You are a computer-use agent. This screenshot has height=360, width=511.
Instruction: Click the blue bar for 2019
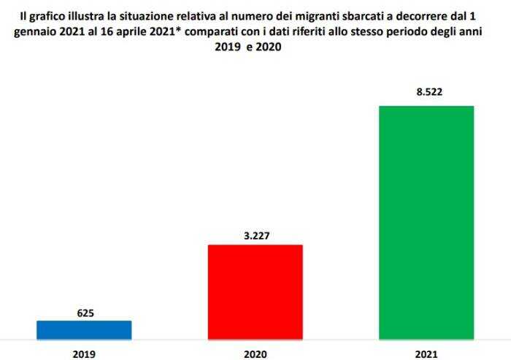click(84, 330)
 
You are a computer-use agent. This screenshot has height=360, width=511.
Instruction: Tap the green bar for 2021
click(426, 223)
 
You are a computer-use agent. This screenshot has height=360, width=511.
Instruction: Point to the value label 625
click(85, 313)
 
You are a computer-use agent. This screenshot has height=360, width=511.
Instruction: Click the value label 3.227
click(255, 236)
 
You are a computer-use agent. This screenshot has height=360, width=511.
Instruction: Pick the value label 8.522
click(426, 93)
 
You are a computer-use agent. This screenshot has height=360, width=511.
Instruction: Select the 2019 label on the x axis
click(84, 354)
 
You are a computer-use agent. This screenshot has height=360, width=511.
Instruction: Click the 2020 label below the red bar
click(255, 354)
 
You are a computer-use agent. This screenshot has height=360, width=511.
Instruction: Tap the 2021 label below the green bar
click(426, 354)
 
